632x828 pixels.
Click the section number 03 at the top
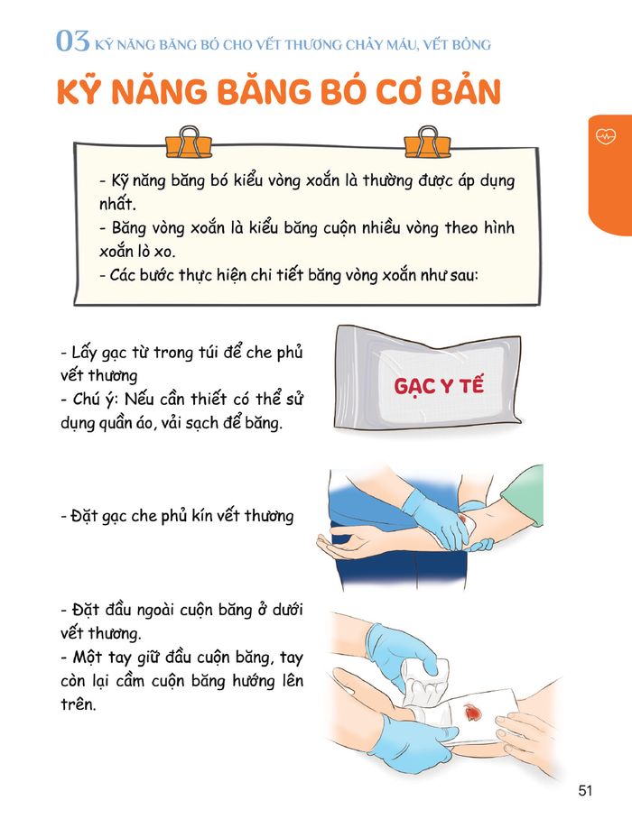tap(72, 41)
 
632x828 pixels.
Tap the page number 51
tap(585, 790)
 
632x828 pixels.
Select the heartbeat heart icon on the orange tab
tap(606, 136)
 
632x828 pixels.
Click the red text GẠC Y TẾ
tap(439, 385)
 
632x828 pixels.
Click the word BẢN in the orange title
tap(466, 91)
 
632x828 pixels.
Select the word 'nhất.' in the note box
tap(117, 204)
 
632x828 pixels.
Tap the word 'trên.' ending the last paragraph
tap(79, 704)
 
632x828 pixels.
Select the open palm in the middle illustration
tap(343, 544)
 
